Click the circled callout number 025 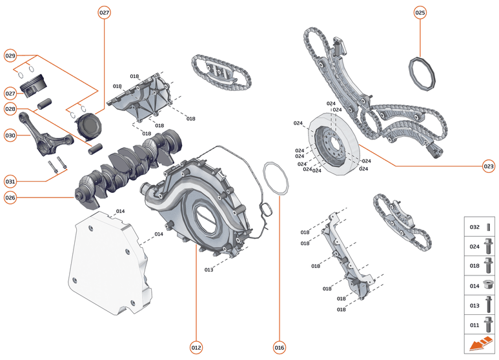click(x=420, y=13)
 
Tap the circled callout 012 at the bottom click(x=196, y=347)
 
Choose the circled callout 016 click(x=279, y=347)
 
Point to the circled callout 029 click(x=10, y=55)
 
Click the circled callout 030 click(x=10, y=135)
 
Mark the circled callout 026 click(x=10, y=197)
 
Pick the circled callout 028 click(x=10, y=110)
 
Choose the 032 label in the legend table click(x=474, y=227)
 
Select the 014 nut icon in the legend click(x=489, y=284)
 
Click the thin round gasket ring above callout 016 click(x=276, y=177)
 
